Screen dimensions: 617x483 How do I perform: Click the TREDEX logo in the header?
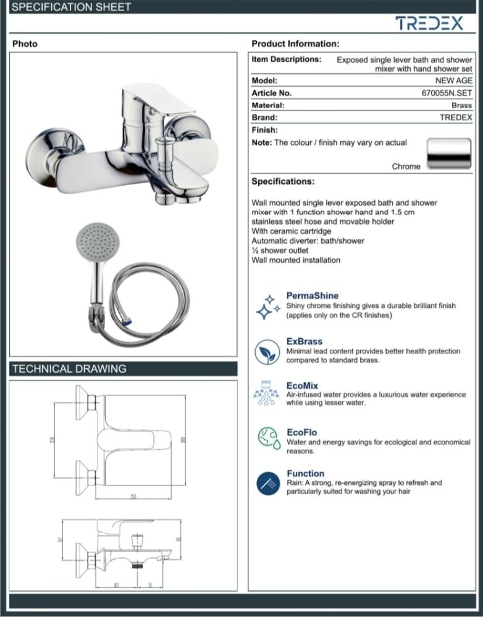(x=429, y=23)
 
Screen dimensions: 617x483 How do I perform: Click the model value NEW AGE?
(x=453, y=81)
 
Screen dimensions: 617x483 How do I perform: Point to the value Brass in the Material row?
(x=461, y=106)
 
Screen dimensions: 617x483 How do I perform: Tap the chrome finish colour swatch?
(x=450, y=153)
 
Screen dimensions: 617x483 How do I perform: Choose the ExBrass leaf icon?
(x=267, y=352)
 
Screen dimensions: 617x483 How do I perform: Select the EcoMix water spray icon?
(x=267, y=394)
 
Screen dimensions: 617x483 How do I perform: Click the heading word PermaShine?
(x=313, y=296)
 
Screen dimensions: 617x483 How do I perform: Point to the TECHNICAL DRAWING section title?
(x=69, y=369)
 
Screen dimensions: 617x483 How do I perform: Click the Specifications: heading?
(x=283, y=181)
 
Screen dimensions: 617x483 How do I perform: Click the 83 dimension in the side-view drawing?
(x=116, y=584)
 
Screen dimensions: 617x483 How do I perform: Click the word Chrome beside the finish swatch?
(x=406, y=167)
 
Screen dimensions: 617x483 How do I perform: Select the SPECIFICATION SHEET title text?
(x=72, y=7)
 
